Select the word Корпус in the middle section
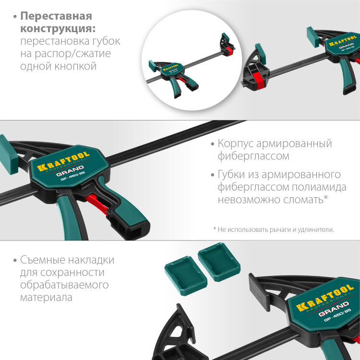point(236,144)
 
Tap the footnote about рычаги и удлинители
point(273,229)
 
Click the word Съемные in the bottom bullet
point(45,260)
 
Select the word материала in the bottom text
point(46,298)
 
